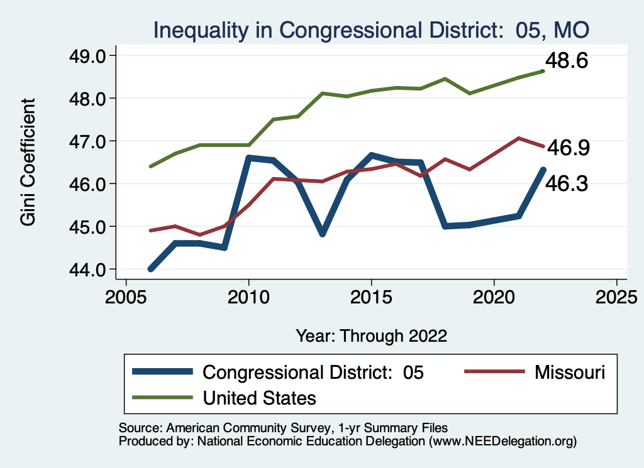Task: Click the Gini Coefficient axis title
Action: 28,162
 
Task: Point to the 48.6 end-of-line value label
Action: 566,62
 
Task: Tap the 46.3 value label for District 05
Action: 566,184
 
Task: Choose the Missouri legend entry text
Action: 570,372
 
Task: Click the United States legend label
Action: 259,398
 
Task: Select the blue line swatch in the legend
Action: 162,372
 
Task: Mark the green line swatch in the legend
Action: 162,398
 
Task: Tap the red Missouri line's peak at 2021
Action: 519,138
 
